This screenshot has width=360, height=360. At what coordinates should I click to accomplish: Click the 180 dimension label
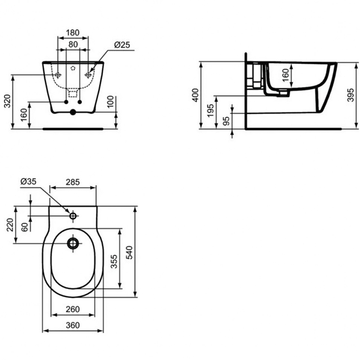73,32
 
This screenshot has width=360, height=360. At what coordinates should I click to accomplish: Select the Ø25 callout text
122,45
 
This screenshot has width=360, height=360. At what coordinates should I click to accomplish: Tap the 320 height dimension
7,101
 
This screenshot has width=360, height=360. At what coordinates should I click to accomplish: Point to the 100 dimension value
110,102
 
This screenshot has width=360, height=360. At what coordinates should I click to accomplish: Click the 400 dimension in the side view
195,95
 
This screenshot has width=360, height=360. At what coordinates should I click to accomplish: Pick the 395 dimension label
351,95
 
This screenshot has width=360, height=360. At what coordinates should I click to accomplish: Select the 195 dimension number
210,111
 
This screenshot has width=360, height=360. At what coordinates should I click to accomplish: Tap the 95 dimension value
226,121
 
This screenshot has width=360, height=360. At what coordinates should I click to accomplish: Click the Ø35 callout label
28,181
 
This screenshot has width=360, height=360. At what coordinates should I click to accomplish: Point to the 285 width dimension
73,182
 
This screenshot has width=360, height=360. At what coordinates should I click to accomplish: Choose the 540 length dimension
129,252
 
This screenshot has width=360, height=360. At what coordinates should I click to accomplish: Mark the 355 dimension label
114,261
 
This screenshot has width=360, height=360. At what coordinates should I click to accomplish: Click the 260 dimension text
73,310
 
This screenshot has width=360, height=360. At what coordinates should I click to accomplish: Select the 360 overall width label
73,325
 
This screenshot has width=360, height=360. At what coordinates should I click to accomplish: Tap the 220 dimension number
10,225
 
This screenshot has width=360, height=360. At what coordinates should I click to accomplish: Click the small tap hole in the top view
73,216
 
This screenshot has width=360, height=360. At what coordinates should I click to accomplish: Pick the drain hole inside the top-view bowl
73,243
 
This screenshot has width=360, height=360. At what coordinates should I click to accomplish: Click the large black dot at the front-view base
73,112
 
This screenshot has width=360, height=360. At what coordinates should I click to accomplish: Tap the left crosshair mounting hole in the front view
58,75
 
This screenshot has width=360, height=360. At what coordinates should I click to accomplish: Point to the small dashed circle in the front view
73,68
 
